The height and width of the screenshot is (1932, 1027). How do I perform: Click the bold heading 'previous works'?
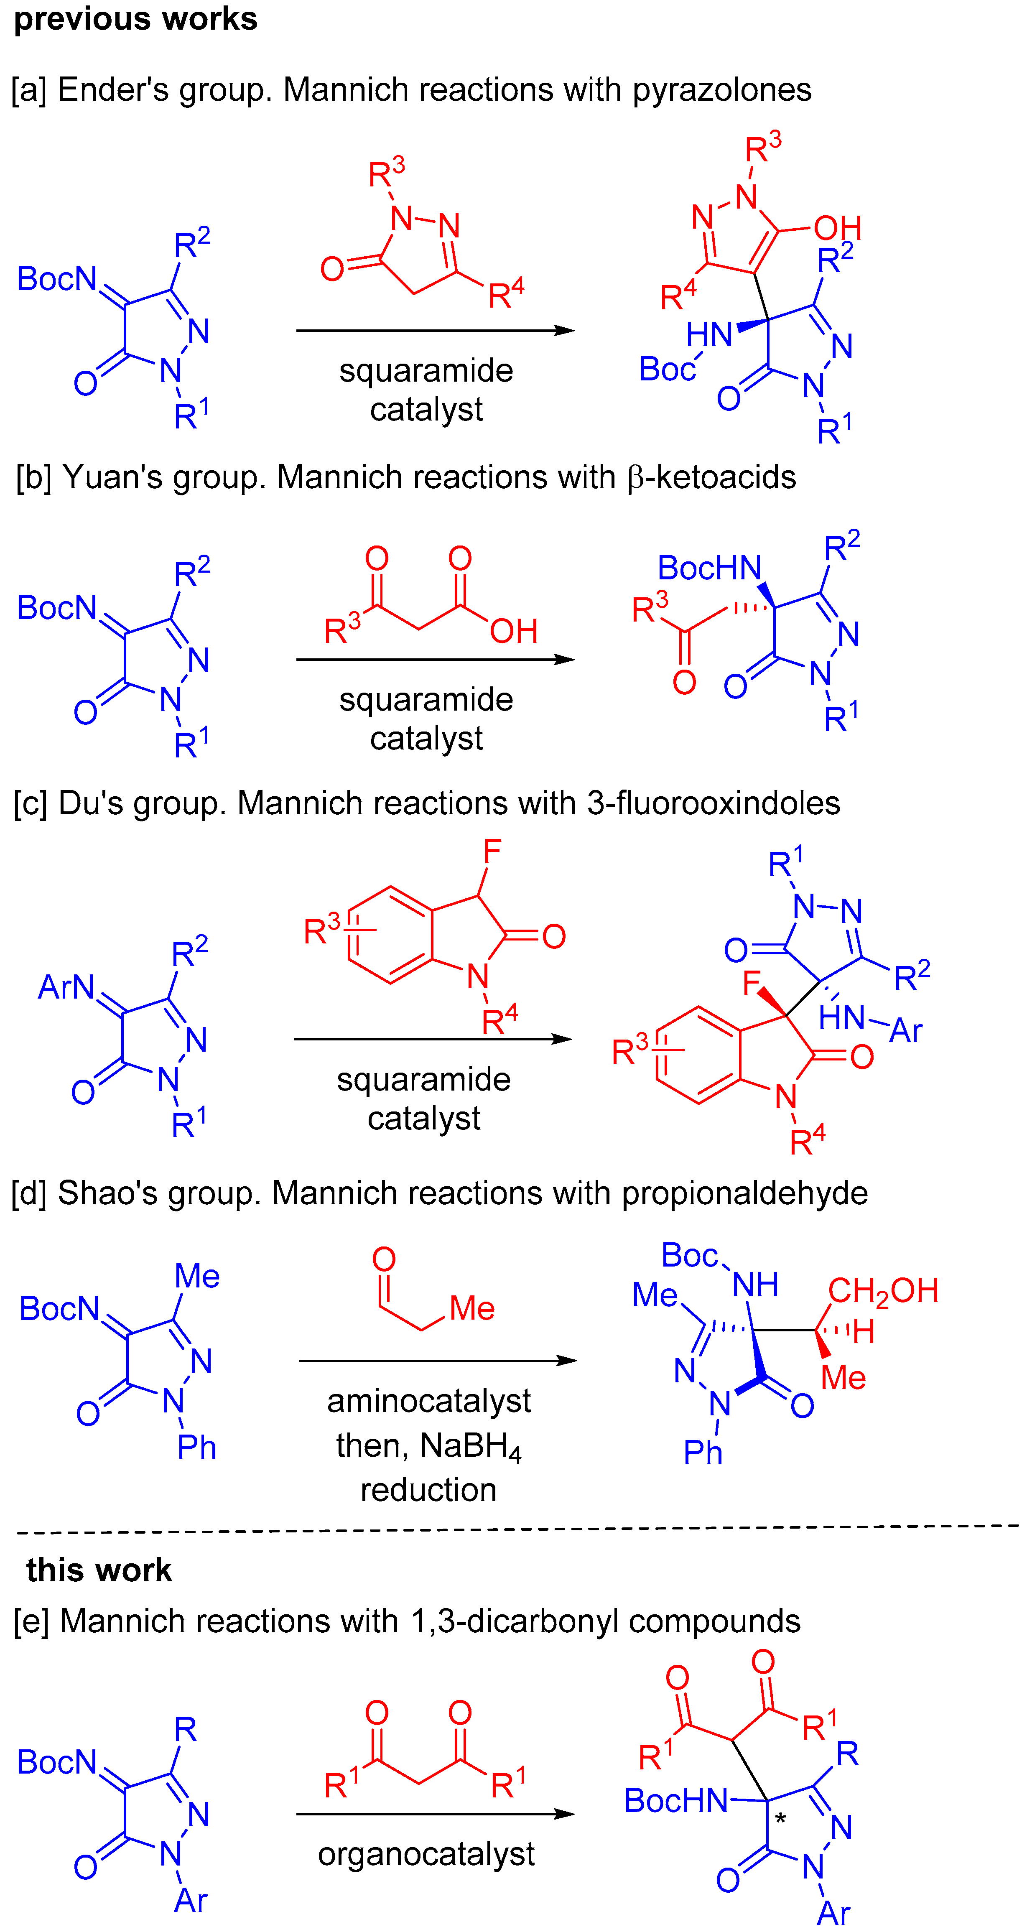136,19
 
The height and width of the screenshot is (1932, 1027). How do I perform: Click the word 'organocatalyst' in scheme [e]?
426,1854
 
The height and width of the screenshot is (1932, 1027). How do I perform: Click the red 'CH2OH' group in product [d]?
883,1291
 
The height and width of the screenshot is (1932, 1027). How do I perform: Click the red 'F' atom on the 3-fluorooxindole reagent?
492,852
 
